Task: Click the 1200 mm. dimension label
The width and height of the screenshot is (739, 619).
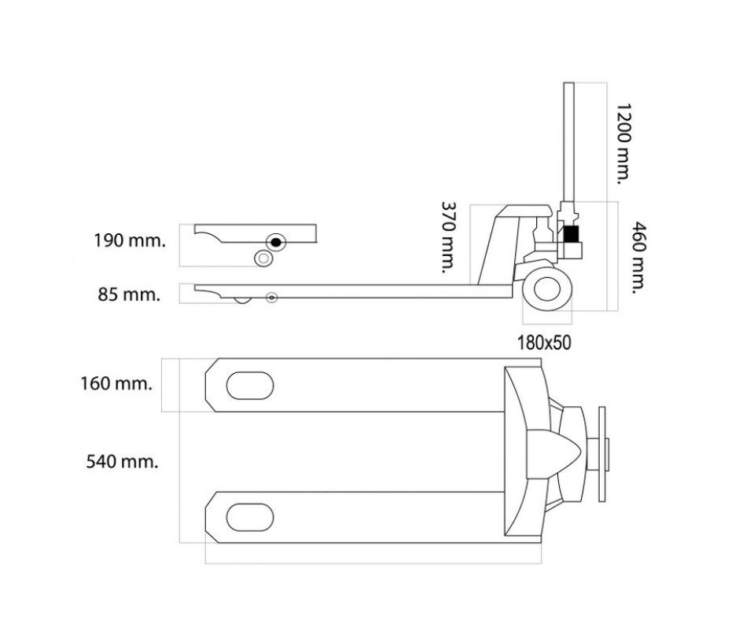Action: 623,143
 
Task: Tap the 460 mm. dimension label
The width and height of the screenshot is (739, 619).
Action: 638,257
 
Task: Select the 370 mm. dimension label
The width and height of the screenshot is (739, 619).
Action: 448,237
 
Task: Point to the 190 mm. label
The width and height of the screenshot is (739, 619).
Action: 130,240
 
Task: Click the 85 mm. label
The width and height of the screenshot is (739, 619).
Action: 129,295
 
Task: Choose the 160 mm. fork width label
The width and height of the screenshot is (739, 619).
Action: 116,383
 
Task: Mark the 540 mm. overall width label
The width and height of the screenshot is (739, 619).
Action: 122,461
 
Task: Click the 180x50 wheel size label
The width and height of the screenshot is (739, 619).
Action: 544,343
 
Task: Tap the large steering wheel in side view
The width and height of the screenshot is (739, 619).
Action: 548,288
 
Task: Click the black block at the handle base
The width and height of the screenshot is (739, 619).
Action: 571,234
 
